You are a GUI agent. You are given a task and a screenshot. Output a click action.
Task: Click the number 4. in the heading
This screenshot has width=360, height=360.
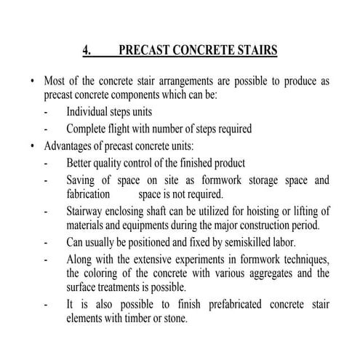click(x=87, y=50)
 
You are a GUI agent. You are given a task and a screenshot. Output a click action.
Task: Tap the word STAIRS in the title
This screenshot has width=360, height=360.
click(x=254, y=50)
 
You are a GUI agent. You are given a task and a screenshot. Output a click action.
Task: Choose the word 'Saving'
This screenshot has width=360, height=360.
click(x=82, y=179)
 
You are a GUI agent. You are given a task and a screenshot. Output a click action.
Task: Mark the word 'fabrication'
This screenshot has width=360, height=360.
click(x=88, y=194)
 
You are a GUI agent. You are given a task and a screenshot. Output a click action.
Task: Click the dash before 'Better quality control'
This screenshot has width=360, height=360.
click(x=46, y=162)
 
